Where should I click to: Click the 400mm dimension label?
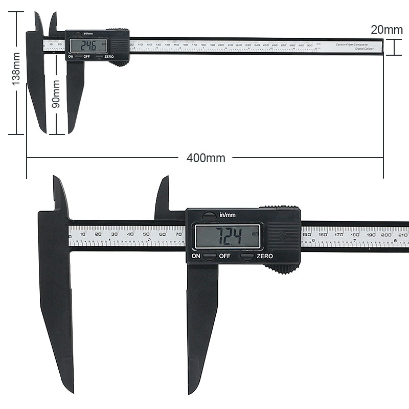coord(206,158)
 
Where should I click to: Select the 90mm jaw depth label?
coord(56,93)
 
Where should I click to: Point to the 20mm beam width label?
coord(387,30)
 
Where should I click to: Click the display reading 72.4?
coord(228,237)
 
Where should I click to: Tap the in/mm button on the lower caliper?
coord(209,215)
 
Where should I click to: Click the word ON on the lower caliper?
coord(196,256)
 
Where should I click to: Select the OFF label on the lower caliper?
coord(225,256)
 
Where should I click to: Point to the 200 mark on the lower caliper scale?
coord(386,234)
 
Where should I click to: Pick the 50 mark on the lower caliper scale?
coord(146,234)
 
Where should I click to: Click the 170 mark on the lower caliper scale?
coord(338,234)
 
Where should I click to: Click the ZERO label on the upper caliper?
coord(109,56)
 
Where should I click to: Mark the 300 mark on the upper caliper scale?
coord(309,46)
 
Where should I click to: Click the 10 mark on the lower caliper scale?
coord(83,234)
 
